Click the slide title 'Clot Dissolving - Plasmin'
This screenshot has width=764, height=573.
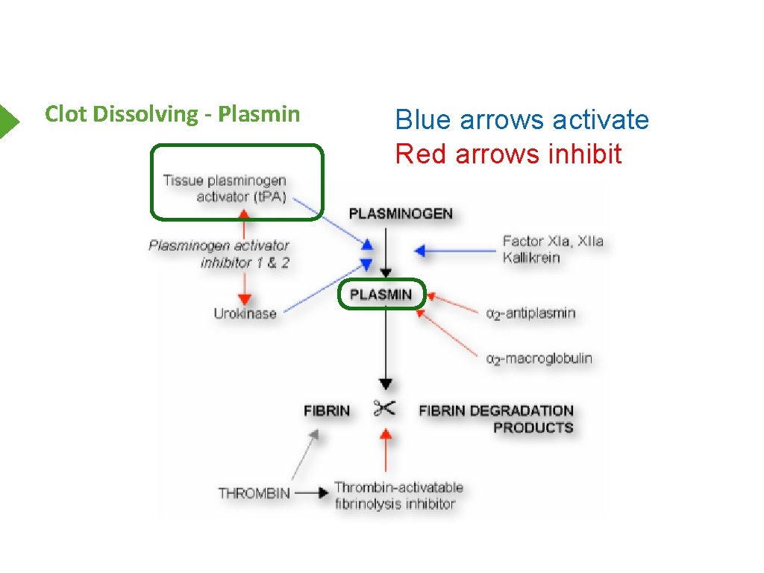point(172,114)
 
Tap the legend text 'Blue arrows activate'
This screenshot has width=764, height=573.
point(522,119)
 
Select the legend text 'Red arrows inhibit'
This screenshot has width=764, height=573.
point(508,154)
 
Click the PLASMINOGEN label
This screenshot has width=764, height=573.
point(401,214)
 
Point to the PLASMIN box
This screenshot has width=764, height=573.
point(381,295)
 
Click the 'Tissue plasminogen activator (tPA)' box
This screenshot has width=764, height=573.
point(237,183)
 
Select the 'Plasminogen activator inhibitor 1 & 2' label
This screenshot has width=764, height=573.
point(219,254)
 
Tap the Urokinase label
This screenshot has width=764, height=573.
point(245,313)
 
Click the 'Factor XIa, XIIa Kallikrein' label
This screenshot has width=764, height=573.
point(552,249)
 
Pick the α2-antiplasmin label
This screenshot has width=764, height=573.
point(530,313)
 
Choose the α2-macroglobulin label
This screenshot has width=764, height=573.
point(539,359)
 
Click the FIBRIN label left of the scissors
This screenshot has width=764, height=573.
point(327,411)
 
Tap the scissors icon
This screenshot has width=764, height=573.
point(385,409)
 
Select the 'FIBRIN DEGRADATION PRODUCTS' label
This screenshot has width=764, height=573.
point(496,419)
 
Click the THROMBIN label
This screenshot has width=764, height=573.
point(254,493)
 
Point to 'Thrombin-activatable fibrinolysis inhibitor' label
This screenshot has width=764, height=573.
point(398,495)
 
